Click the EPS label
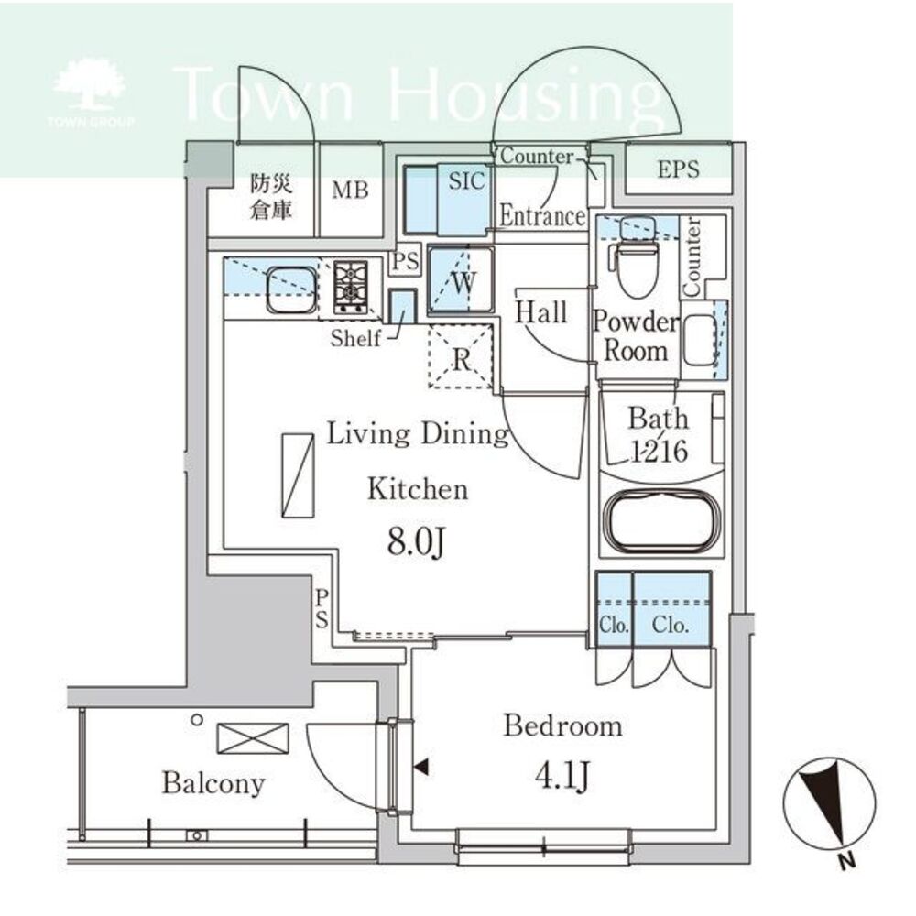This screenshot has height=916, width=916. (678, 169)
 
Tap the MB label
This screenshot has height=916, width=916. (351, 190)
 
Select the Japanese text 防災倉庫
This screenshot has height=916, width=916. (271, 197)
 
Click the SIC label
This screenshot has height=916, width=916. (467, 181)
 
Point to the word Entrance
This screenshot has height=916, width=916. (542, 216)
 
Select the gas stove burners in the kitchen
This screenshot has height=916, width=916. (351, 287)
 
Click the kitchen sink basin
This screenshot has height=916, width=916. (291, 290)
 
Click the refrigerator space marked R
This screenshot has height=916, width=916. (461, 357)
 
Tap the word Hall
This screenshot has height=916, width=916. (541, 312)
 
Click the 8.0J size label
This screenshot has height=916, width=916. (417, 541)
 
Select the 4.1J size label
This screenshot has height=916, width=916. (562, 776)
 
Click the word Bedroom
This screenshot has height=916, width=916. (563, 726)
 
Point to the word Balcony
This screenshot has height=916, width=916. (213, 784)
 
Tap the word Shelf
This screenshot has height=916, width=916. (355, 338)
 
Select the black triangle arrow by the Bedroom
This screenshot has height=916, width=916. (420, 767)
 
